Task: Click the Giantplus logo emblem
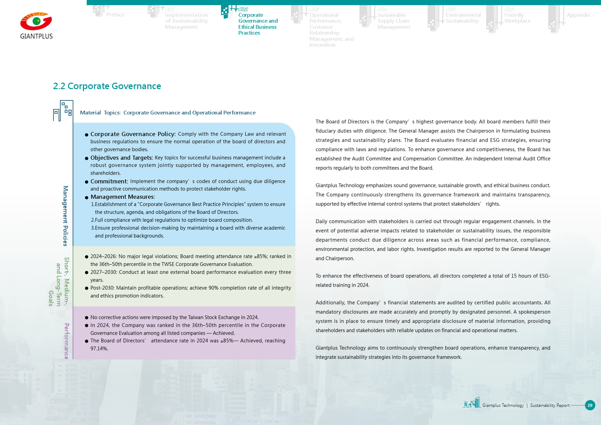[x=36, y=22]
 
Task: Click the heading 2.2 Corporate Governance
[x=107, y=86]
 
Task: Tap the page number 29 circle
[x=590, y=405]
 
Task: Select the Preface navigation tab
[x=115, y=15]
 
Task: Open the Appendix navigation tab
[x=578, y=15]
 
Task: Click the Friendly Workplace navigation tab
[x=517, y=18]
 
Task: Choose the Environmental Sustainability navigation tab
[x=463, y=18]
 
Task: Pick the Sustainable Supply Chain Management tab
[x=393, y=21]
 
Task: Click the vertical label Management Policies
[x=65, y=216]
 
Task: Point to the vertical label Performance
[x=66, y=341]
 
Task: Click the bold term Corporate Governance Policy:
[x=133, y=134]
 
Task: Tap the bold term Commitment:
[x=109, y=181]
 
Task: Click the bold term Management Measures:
[x=123, y=197]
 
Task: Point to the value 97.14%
[x=99, y=349]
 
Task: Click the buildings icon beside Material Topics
[x=63, y=111]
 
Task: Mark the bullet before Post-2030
[x=87, y=288]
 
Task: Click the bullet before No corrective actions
[x=87, y=318]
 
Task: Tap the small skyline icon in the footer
[x=472, y=403]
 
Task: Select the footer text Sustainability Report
[x=550, y=405]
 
